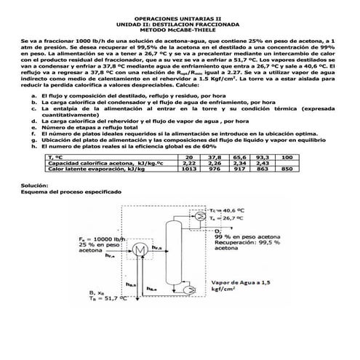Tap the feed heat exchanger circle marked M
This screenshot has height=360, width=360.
point(137,249)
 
